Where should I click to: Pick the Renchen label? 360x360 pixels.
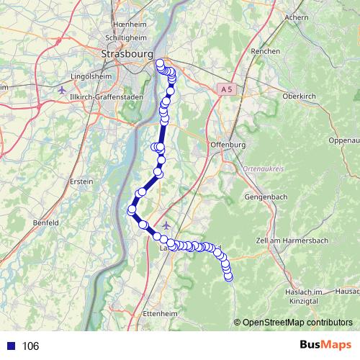265,52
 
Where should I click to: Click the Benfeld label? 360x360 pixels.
45,223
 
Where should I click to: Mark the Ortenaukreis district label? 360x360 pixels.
265,168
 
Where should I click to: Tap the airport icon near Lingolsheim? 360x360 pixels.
62,91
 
